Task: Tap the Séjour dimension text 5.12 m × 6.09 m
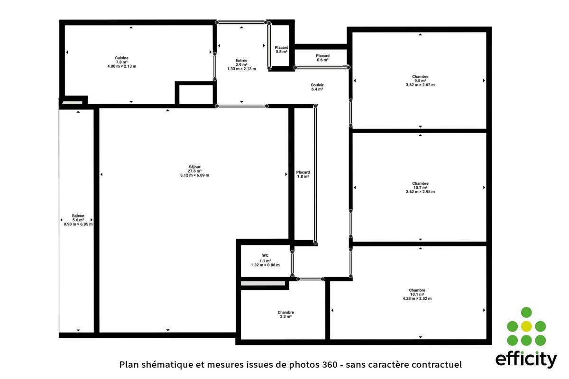click(194, 175)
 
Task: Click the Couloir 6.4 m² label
click(317, 87)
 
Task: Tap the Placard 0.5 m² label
click(282, 50)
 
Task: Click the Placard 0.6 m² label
click(322, 58)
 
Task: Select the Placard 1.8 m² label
click(303, 174)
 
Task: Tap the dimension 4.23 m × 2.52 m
click(417, 299)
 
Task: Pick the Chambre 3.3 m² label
click(286, 315)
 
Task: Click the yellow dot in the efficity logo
click(526, 326)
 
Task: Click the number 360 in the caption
click(330, 365)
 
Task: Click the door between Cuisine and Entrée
click(215, 66)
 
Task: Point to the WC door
click(292, 263)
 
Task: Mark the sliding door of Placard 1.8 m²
click(315, 174)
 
